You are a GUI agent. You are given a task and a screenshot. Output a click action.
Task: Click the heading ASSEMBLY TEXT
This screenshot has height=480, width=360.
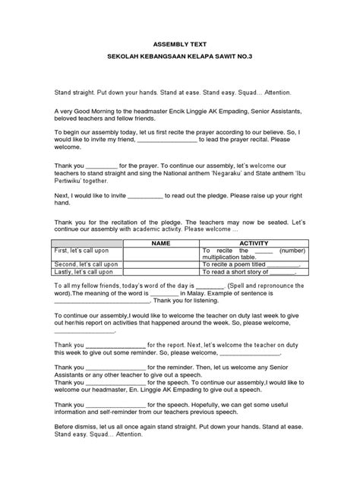(179, 45)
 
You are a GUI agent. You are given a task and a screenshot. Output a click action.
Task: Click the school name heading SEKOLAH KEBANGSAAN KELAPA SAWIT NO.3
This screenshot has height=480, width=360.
(179, 58)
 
